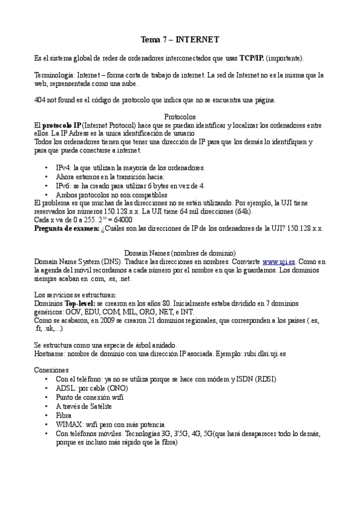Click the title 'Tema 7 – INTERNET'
coord(180,40)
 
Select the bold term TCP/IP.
coord(251,58)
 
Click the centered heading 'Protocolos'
coord(180,117)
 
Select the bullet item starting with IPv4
coord(130,167)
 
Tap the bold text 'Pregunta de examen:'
coord(67,228)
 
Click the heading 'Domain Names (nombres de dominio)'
coord(180,253)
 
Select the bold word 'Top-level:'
coord(79,304)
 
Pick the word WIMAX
coord(69,424)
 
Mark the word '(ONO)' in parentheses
coord(118,389)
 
